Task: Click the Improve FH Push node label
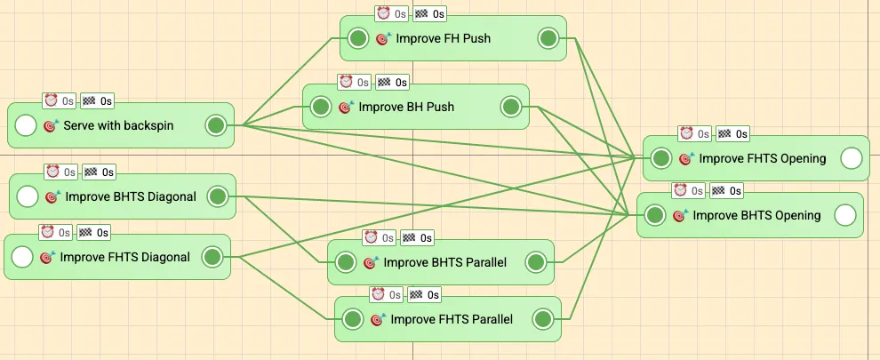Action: coord(443,38)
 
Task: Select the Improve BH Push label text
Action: coord(406,107)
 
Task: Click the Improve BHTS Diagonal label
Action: coord(130,196)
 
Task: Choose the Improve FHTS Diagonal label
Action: coord(125,258)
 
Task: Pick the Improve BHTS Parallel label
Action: coord(445,262)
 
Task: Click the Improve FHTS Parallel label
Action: coord(452,319)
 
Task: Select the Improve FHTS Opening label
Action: coord(763,158)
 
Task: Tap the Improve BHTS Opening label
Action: coord(756,215)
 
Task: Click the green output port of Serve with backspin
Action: coord(215,125)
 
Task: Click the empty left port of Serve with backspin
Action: coord(26,125)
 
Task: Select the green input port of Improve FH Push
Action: coord(357,38)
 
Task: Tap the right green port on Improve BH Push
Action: coord(511,107)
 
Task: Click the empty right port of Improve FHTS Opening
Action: coord(851,158)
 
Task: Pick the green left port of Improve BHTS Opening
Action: coord(655,215)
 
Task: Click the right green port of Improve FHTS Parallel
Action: coord(542,319)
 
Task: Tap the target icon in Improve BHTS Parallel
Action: coord(371,263)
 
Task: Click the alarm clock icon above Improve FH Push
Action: coord(384,13)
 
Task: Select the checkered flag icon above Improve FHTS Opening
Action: coord(726,133)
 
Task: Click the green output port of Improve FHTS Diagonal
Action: coord(212,258)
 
